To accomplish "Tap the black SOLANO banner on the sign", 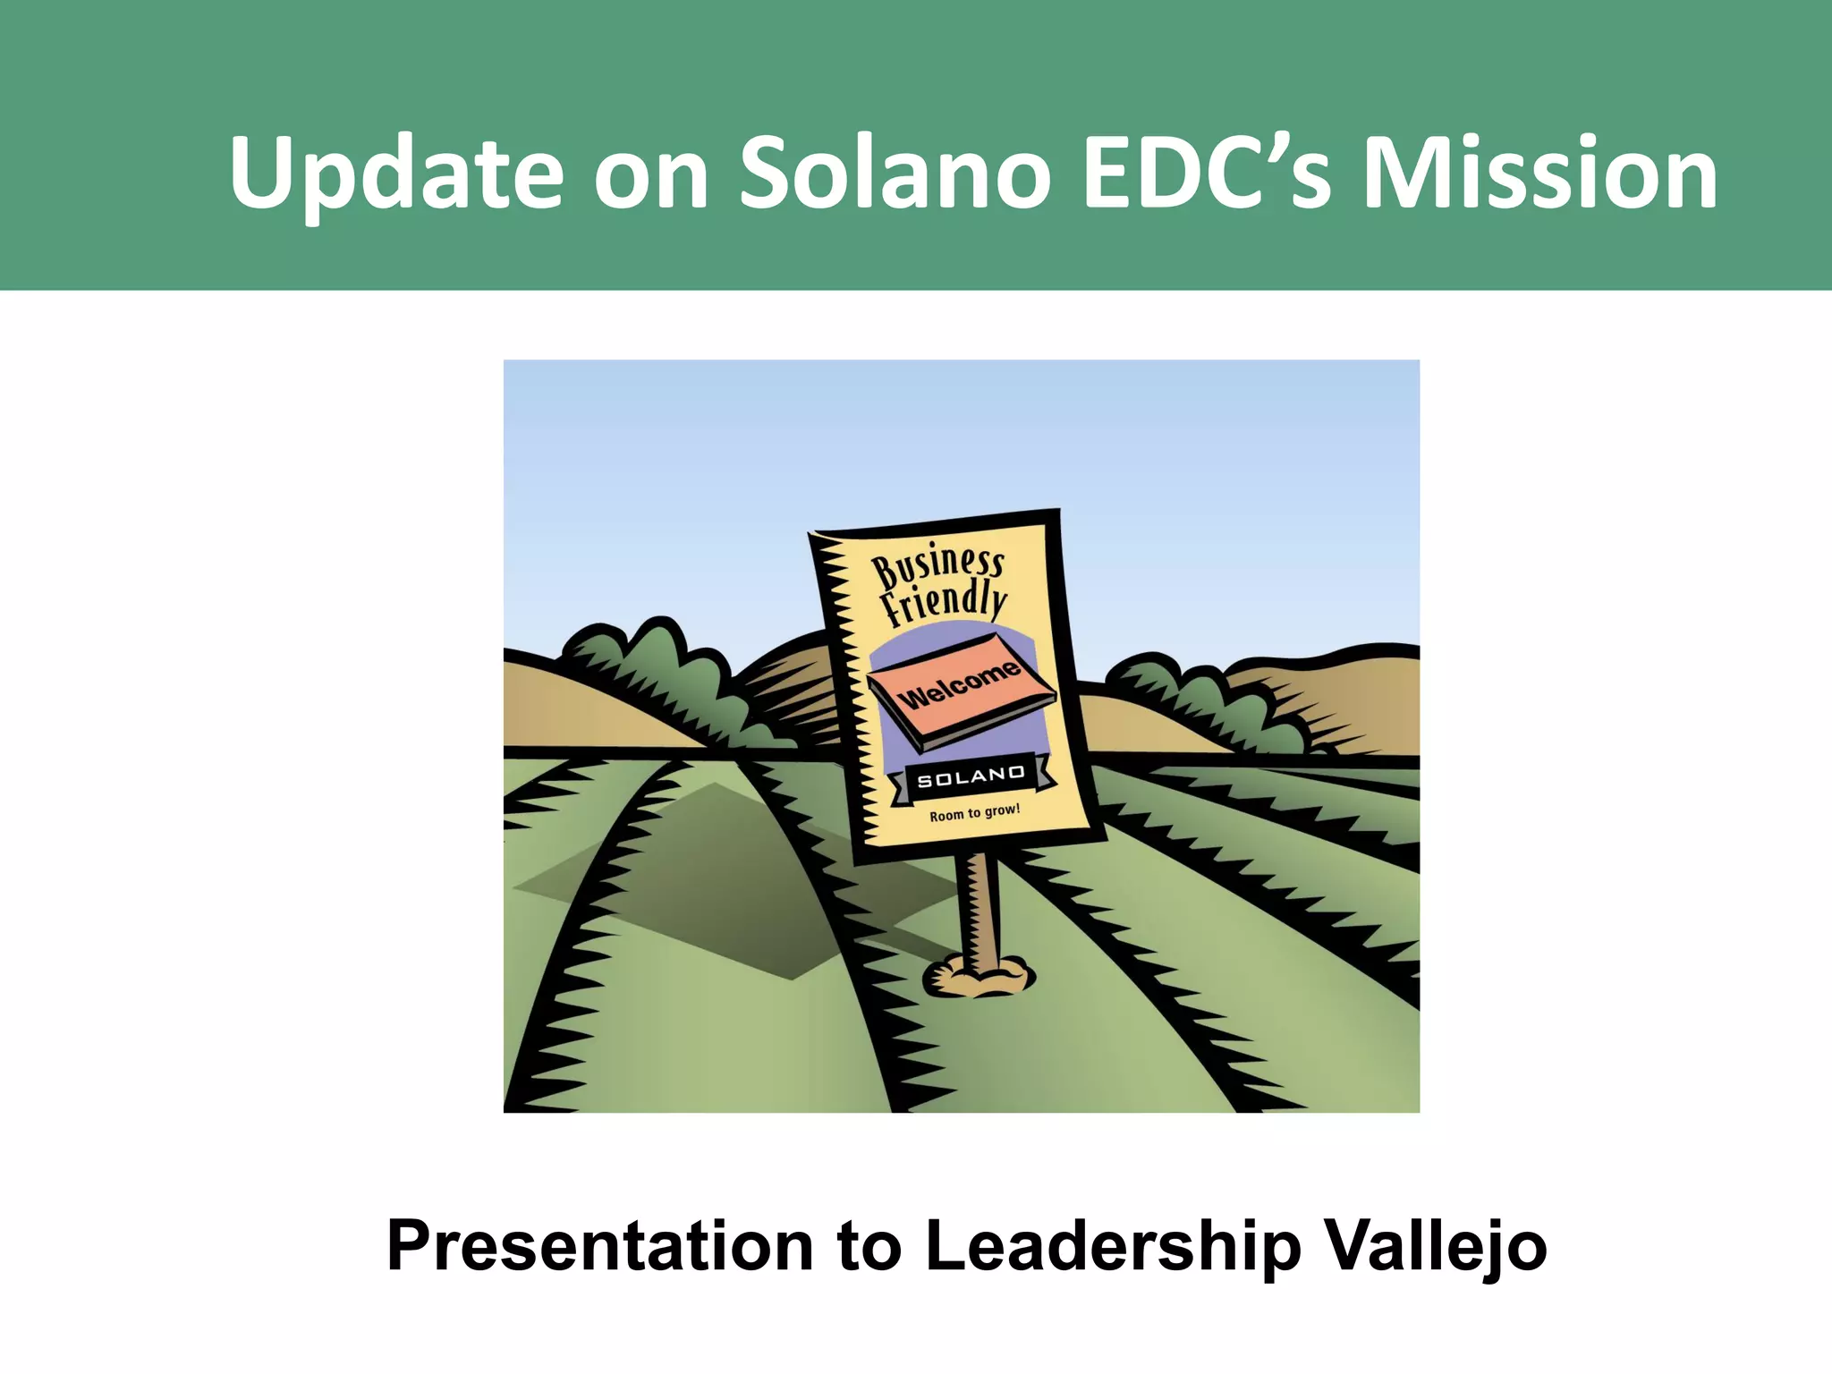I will point(971,776).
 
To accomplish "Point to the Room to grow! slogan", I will point(974,812).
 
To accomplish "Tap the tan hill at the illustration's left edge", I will point(572,707).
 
